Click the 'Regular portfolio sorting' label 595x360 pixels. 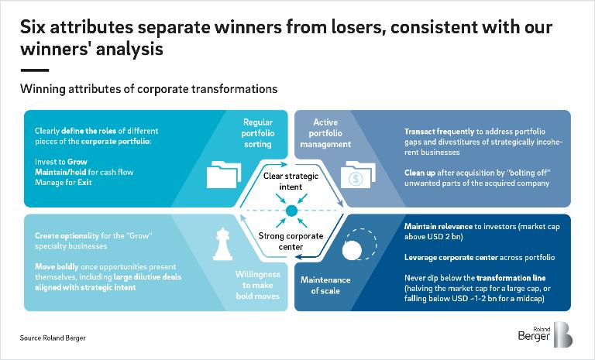(257, 133)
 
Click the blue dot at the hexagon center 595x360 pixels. (292, 211)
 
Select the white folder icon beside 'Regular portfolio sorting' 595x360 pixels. (222, 176)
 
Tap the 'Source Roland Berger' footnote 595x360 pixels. (52, 338)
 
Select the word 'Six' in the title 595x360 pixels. (35, 29)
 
